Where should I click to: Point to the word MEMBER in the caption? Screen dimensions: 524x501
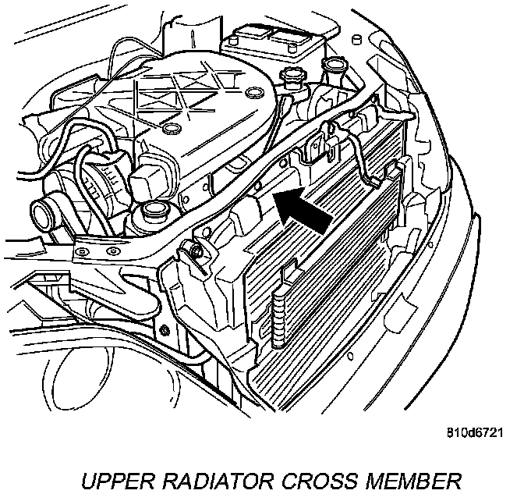405,478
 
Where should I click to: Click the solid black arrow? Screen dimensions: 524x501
304,210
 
